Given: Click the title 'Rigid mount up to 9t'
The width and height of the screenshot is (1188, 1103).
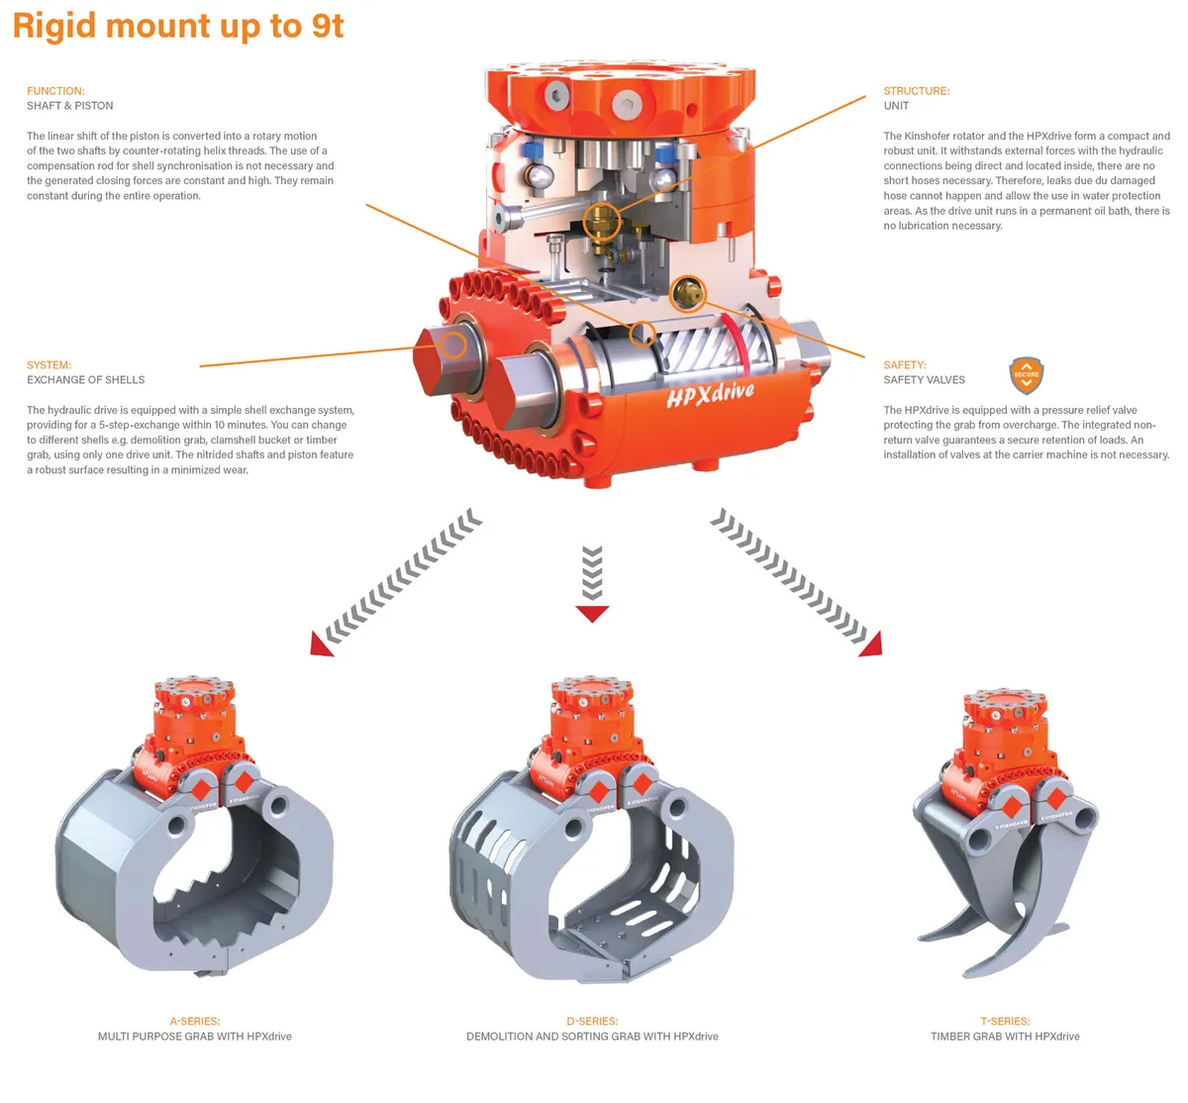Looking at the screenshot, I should coord(178,26).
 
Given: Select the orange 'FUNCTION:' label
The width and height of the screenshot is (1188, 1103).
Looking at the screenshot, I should coord(55,91).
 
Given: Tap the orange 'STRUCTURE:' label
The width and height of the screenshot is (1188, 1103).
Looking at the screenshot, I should coord(916,91).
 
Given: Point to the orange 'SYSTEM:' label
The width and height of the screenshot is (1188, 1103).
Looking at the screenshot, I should coord(49,365).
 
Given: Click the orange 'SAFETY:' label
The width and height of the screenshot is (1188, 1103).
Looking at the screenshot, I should coord(905,365).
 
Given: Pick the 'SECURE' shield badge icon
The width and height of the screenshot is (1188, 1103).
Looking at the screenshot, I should coord(1027,375).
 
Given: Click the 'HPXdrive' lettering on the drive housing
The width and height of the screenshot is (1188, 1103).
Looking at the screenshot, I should coord(710,394).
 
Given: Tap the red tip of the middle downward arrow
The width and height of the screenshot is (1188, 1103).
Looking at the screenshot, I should coord(592,614).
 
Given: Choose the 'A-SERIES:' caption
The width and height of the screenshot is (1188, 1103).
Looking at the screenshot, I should coord(194,1021).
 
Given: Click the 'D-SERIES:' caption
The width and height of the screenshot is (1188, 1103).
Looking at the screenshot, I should coord(592,1021).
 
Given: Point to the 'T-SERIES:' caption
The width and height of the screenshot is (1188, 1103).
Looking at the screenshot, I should coord(1005,1021).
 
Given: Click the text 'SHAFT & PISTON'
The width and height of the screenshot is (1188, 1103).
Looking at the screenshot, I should coord(69,106).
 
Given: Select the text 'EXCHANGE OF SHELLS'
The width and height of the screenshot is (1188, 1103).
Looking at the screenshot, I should coord(85,380).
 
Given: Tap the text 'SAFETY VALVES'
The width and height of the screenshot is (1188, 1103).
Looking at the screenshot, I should coord(924,380).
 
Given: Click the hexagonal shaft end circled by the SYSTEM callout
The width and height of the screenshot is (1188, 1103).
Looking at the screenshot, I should coord(452,346).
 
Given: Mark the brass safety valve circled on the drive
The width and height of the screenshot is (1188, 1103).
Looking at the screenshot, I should coord(686,292).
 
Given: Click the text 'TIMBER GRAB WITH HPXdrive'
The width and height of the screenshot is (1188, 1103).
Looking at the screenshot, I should coord(1005,1037).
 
